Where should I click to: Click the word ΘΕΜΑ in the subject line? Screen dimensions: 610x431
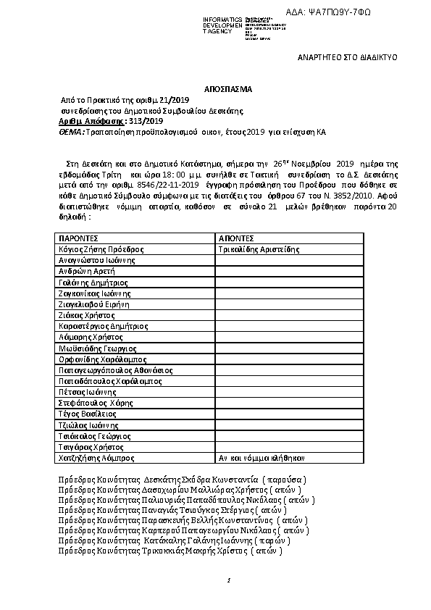point(71,133)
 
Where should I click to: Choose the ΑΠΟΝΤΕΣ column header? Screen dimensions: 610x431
point(235,238)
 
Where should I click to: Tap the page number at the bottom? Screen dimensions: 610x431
point(228,580)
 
